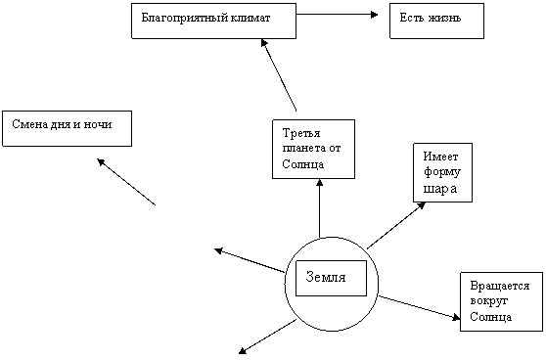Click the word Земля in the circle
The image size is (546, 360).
click(326, 278)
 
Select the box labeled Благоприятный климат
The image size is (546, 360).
click(214, 21)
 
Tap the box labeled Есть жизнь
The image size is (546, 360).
click(436, 21)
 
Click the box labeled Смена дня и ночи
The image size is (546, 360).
click(67, 128)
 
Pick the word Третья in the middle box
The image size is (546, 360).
click(301, 133)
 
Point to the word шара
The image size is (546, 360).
click(440, 189)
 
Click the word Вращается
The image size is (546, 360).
click(500, 286)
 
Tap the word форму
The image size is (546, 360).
click(442, 173)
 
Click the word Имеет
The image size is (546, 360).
click(440, 157)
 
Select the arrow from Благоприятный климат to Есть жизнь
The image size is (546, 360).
click(337, 15)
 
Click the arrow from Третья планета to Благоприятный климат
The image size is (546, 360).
click(279, 75)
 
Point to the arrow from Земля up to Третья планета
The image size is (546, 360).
click(320, 208)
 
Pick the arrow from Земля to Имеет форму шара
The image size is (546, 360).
click(396, 225)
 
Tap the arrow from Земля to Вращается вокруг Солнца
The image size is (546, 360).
click(419, 307)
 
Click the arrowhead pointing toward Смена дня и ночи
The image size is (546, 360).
click(101, 161)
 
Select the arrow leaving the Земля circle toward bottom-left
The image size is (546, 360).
click(267, 337)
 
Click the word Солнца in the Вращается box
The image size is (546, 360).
click(490, 317)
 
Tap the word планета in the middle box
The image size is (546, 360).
click(300, 149)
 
